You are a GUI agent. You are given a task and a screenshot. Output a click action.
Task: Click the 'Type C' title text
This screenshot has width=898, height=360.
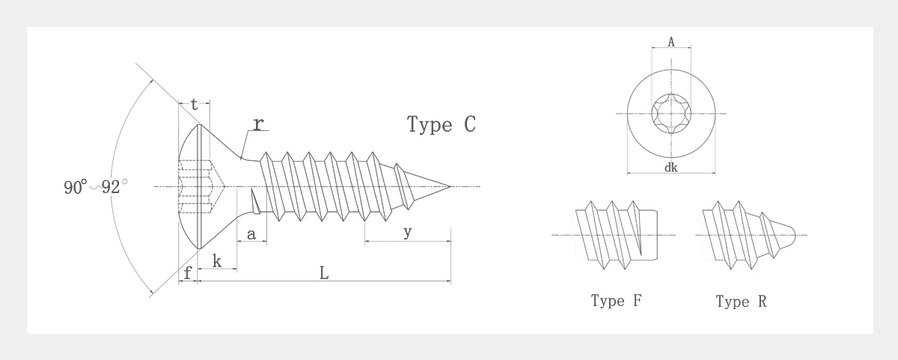pyautogui.click(x=441, y=124)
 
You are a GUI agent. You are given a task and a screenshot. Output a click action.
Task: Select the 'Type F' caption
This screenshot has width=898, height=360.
pyautogui.click(x=616, y=301)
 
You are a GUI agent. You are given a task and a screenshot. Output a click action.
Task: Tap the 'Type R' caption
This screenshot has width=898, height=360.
pyautogui.click(x=741, y=302)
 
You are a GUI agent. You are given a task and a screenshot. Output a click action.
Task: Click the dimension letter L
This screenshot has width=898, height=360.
pyautogui.click(x=324, y=273)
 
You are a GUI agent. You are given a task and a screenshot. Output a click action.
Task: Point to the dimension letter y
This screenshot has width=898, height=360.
pyautogui.click(x=407, y=232)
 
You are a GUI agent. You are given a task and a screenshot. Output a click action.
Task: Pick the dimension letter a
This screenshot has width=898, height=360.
pyautogui.click(x=251, y=235)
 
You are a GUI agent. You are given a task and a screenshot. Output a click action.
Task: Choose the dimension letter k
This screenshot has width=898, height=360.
pyautogui.click(x=217, y=260)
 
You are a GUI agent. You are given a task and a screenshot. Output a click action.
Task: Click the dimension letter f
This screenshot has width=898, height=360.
pyautogui.click(x=188, y=273)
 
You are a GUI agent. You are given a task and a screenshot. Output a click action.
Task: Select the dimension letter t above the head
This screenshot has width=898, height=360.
pyautogui.click(x=194, y=106)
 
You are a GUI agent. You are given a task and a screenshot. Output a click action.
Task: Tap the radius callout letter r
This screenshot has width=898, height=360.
pyautogui.click(x=257, y=123)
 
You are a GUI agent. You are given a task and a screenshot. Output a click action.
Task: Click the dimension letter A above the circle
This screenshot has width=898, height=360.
pyautogui.click(x=671, y=43)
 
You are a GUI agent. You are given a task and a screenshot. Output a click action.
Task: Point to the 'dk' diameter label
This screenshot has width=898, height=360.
pyautogui.click(x=671, y=168)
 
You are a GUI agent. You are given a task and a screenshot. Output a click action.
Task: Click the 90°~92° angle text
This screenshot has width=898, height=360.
pyautogui.click(x=95, y=187)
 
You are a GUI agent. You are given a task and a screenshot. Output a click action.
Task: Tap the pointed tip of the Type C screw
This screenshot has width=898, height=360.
pyautogui.click(x=449, y=186)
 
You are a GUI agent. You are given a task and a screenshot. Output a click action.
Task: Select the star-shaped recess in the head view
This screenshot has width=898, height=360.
pyautogui.click(x=671, y=114)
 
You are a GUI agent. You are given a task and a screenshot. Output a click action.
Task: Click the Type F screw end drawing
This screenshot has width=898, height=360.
pyautogui.click(x=617, y=235)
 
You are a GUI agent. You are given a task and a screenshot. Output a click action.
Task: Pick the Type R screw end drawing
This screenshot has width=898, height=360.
pyautogui.click(x=745, y=234)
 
